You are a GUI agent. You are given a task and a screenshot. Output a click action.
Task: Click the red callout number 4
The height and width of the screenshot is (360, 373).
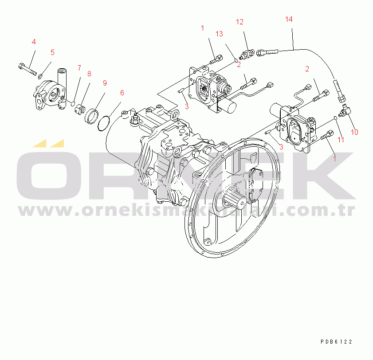[33, 42]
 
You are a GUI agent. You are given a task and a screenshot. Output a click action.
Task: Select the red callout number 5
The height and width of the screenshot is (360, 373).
[52, 52]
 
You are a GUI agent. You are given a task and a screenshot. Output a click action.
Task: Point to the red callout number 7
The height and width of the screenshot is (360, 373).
[79, 68]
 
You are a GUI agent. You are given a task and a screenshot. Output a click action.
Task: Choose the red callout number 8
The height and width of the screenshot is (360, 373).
[89, 74]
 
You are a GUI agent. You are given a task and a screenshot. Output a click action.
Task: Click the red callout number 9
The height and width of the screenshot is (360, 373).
[105, 83]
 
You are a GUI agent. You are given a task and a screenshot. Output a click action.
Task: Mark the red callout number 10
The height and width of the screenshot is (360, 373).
[354, 132]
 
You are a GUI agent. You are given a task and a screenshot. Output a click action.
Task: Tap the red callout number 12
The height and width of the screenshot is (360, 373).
[240, 22]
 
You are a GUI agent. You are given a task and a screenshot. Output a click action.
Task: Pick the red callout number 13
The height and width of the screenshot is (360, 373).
[219, 34]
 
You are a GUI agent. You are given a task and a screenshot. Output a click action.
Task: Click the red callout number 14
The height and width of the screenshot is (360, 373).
[289, 19]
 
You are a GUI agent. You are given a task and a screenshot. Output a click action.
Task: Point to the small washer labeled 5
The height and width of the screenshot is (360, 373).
[41, 76]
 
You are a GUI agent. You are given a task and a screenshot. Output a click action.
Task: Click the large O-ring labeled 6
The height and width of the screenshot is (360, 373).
[102, 123]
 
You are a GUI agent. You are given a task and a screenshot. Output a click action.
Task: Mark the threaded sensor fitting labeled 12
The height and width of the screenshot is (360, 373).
[246, 55]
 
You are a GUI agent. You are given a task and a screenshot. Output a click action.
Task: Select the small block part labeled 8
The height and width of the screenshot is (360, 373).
[79, 109]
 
